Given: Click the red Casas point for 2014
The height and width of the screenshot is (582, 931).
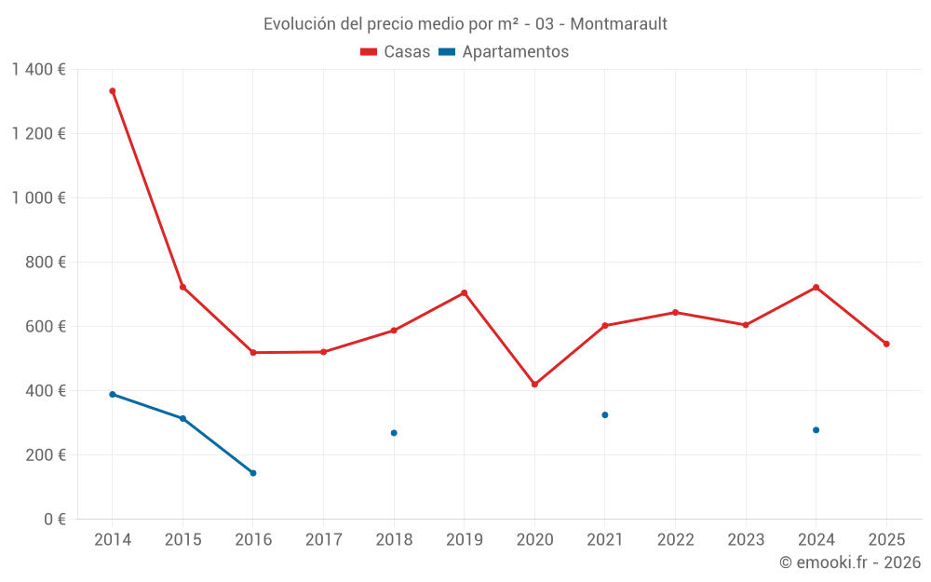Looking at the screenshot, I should [x=113, y=91].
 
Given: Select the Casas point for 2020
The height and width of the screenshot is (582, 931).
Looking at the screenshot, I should [x=534, y=385].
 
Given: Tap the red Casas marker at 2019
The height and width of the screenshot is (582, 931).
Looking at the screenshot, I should [x=464, y=293].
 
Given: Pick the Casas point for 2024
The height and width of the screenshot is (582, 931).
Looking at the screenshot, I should [x=816, y=287].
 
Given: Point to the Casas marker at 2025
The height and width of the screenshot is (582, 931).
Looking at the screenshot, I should [x=886, y=344].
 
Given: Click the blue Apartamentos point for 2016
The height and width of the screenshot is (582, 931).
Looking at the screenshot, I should [x=253, y=473].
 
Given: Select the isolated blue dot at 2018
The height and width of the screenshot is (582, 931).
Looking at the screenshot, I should [x=394, y=433].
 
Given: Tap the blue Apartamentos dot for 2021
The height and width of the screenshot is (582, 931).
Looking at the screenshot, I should [x=605, y=414].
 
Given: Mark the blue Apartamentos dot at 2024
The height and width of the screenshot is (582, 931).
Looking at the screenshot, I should [x=816, y=430].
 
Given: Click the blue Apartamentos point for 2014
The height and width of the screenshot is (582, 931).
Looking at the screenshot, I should [x=113, y=394].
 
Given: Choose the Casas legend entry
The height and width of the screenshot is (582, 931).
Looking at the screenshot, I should [x=396, y=52].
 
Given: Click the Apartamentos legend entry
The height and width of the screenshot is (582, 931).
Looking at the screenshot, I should [x=504, y=52].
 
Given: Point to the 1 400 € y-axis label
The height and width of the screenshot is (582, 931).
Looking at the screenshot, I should [x=38, y=70].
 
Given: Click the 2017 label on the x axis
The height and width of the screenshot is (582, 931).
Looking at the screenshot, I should [x=323, y=540].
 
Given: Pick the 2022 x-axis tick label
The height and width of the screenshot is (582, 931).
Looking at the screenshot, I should [x=675, y=540].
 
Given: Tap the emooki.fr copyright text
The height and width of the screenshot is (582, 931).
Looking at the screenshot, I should [x=850, y=562].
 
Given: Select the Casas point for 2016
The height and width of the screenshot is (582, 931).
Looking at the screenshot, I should [x=253, y=352].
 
